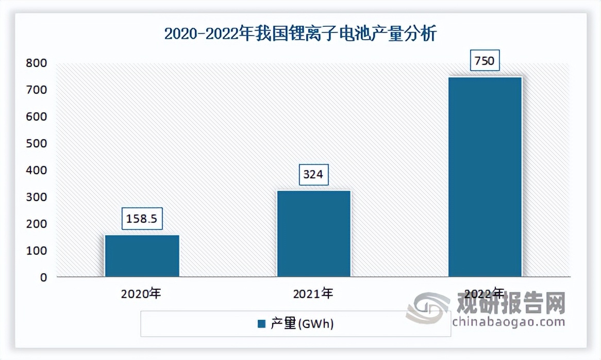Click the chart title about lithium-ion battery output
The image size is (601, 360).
tap(300, 34)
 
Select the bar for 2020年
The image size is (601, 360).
tap(142, 256)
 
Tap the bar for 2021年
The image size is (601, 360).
tap(314, 234)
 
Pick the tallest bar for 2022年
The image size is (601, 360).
tap(485, 176)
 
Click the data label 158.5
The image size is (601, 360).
tap(142, 218)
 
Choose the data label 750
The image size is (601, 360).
tap(485, 61)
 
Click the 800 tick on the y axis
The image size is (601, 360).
tap(37, 63)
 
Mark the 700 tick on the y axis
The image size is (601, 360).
tap(37, 90)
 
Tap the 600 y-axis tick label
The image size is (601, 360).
tap(37, 117)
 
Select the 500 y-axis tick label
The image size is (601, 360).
tap(37, 143)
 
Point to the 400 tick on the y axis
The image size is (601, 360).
tap(37, 170)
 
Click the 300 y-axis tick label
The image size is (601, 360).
tap(37, 197)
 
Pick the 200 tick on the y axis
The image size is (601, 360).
tap(37, 224)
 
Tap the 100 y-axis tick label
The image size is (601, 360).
tap(37, 251)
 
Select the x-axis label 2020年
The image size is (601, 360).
tap(141, 294)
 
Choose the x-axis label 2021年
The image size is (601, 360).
tap(313, 294)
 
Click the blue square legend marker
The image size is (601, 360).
tap(261, 324)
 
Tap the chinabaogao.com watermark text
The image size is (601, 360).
tap(508, 322)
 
